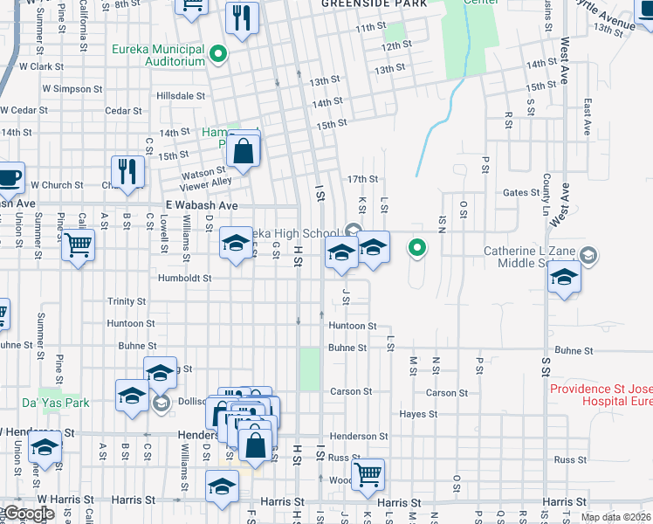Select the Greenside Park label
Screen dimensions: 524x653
coord(374,3)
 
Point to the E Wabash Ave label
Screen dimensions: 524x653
coord(202,205)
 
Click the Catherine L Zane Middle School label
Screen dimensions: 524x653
coord(533,257)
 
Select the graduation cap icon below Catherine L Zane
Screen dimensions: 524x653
coord(564,279)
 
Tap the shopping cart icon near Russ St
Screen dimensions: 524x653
coord(368,474)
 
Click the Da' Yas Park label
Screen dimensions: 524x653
coord(44,403)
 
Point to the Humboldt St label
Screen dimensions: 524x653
coord(184,279)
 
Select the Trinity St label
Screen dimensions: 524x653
coord(127,301)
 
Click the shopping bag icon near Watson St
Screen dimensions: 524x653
coord(244,151)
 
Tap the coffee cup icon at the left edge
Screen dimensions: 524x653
coord(9,178)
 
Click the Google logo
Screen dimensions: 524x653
coord(28,514)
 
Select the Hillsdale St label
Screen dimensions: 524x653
coord(181,96)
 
